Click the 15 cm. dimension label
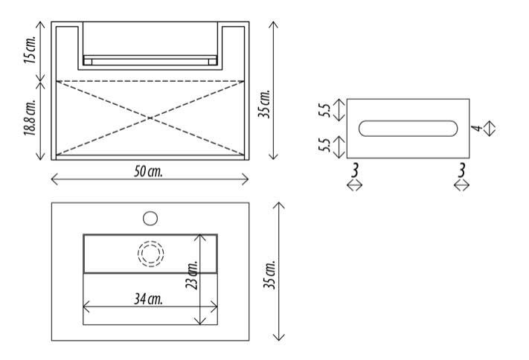(30, 50)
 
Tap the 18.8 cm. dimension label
(30, 118)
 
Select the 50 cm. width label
(148, 171)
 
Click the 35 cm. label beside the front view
(264, 103)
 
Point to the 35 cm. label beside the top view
(269, 274)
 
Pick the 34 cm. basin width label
(148, 299)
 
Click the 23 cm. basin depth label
(191, 274)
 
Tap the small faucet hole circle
(150, 218)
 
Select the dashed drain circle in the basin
(150, 254)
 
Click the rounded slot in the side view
(408, 128)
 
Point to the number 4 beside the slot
(476, 128)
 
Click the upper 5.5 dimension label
(324, 110)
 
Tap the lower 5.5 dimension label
(324, 145)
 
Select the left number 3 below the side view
(354, 170)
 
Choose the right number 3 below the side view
(461, 170)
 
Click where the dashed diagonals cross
(150, 118)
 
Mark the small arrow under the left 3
(355, 185)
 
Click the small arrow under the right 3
(461, 185)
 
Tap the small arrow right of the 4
(490, 128)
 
